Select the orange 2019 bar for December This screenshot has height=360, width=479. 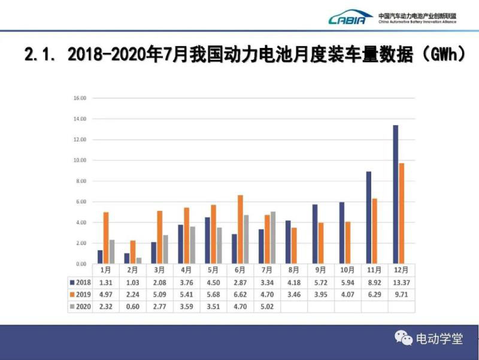[401, 213]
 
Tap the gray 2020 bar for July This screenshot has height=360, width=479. [273, 237]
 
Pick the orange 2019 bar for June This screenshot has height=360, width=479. [240, 229]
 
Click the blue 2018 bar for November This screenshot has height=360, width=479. [368, 217]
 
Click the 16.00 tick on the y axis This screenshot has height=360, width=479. [80, 98]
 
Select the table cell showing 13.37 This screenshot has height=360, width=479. [402, 282]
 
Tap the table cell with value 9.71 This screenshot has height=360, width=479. [402, 294]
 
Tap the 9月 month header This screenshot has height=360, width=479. [321, 270]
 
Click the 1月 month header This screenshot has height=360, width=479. [105, 270]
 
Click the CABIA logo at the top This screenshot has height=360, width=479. [350, 19]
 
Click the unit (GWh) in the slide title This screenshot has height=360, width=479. [442, 55]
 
